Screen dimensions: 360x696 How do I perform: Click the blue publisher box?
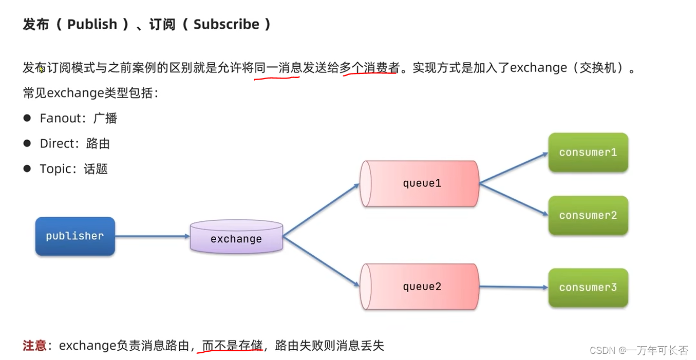[75, 236]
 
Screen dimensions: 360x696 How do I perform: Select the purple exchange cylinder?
[236, 238]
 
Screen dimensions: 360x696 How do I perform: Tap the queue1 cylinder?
[420, 183]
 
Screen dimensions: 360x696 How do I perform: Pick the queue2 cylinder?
[420, 287]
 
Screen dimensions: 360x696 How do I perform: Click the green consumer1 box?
[588, 153]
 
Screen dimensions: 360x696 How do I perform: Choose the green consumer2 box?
[588, 216]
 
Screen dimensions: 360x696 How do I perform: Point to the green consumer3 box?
[588, 288]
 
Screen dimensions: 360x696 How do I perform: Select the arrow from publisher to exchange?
[152, 236]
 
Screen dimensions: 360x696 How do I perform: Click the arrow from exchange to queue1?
[321, 210]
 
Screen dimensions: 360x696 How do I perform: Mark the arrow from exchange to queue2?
[321, 261]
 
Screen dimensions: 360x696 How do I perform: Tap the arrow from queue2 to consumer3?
[514, 287]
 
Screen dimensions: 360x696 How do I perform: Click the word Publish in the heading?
[92, 24]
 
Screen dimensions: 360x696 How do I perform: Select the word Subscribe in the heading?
[226, 24]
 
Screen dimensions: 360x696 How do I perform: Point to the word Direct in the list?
[57, 144]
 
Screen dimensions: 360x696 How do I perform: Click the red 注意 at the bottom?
[34, 346]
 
